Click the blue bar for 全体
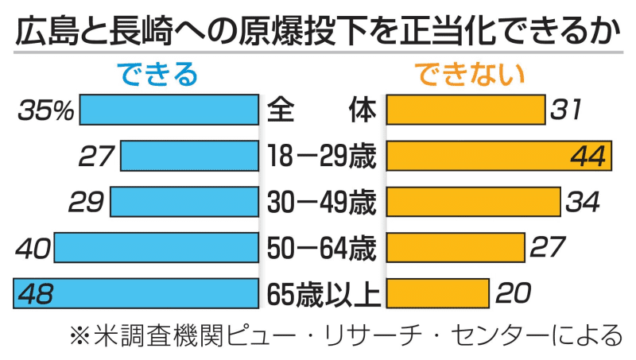pyautogui.click(x=170, y=110)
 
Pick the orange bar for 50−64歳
pyautogui.click(x=455, y=248)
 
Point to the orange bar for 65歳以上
pyautogui.click(x=436, y=294)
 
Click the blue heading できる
pyautogui.click(x=158, y=75)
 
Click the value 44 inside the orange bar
pyautogui.click(x=588, y=157)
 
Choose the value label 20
pyautogui.click(x=512, y=294)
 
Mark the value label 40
pyautogui.click(x=33, y=248)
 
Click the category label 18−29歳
pyautogui.click(x=322, y=157)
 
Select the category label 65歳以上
pyautogui.click(x=322, y=294)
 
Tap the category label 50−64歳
pyautogui.click(x=322, y=248)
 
